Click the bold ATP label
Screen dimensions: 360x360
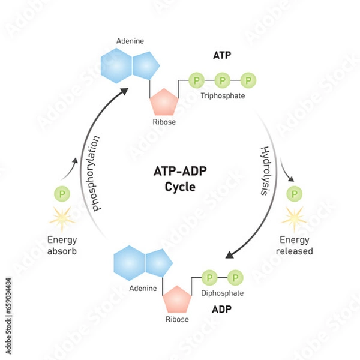(x=222, y=56)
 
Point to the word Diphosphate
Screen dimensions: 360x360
(x=223, y=293)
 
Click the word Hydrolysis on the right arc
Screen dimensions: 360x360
(x=265, y=170)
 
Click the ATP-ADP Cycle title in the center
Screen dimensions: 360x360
(x=180, y=178)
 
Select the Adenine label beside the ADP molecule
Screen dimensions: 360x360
(x=143, y=289)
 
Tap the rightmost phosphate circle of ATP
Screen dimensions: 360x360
(x=248, y=80)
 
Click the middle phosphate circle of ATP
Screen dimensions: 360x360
(x=222, y=80)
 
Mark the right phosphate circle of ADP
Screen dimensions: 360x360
(x=235, y=278)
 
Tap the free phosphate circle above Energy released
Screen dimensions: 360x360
(x=294, y=194)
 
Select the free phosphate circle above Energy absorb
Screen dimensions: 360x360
(x=62, y=194)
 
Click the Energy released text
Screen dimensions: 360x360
(x=294, y=245)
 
